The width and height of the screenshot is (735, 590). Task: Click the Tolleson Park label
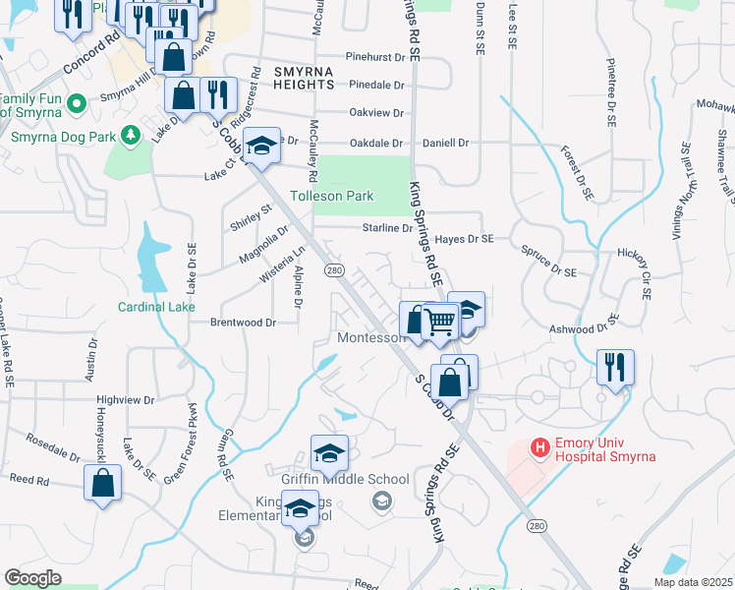331,196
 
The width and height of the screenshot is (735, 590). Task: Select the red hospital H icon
538,447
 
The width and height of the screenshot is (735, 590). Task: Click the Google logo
32,578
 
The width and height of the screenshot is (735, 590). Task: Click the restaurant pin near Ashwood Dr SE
615,368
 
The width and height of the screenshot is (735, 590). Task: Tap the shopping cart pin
440,321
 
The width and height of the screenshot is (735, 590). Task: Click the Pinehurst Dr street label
374,58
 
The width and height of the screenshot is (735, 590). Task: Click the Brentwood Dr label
241,322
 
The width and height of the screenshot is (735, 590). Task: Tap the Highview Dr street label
126,400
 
